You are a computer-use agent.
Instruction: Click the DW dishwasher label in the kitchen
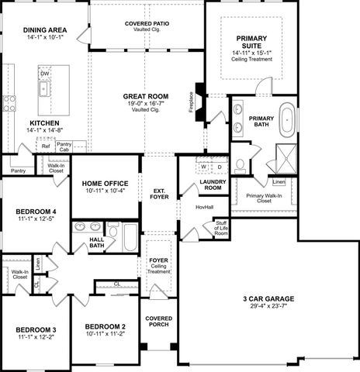44,74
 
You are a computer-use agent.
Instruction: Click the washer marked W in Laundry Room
205,167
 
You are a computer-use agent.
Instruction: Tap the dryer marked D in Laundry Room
220,167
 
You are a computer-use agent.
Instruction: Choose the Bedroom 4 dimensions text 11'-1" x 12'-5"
36,219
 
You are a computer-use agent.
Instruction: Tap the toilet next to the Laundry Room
241,164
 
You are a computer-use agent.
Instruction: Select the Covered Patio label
147,24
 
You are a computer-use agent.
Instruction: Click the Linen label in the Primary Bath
279,182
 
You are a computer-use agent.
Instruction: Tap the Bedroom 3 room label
36,329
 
